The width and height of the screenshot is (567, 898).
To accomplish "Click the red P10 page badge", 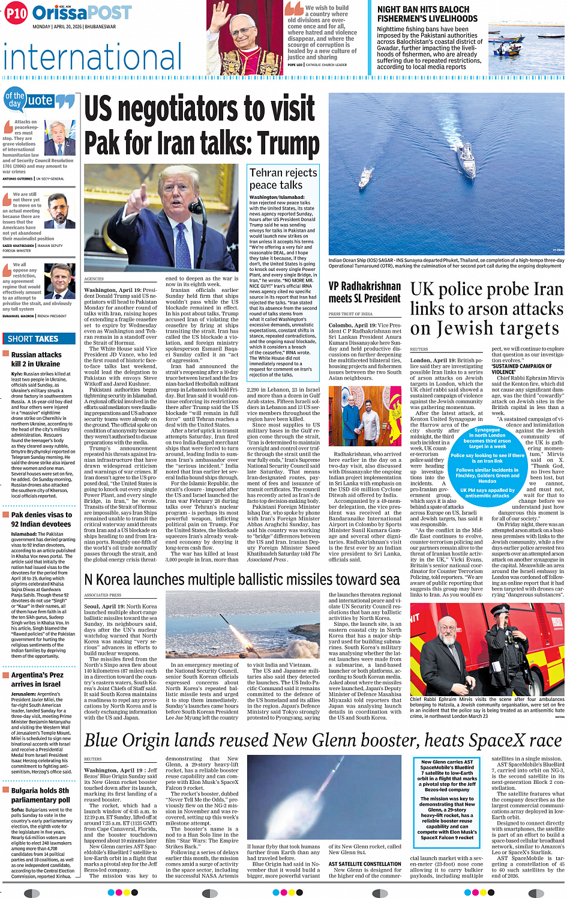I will click(x=16, y=13).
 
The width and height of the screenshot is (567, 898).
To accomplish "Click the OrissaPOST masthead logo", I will click(x=82, y=13).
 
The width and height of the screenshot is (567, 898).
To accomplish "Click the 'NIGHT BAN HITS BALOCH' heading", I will click(x=423, y=10).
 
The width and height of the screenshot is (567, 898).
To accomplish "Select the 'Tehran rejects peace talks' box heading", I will click(x=283, y=178).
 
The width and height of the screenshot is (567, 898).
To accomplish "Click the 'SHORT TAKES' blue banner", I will click(x=38, y=339).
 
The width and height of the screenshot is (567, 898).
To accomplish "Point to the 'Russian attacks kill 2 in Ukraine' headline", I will click(x=36, y=359).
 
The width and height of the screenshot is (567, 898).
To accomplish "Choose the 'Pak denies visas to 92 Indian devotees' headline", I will click(x=41, y=519).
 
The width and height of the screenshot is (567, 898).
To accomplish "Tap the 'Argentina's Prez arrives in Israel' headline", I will click(x=37, y=679).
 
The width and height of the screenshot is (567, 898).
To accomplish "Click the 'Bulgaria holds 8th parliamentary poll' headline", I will click(x=40, y=795).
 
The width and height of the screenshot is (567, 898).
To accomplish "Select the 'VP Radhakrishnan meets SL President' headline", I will click(x=364, y=292).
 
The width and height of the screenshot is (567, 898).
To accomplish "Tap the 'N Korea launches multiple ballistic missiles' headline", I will click(x=242, y=579).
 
